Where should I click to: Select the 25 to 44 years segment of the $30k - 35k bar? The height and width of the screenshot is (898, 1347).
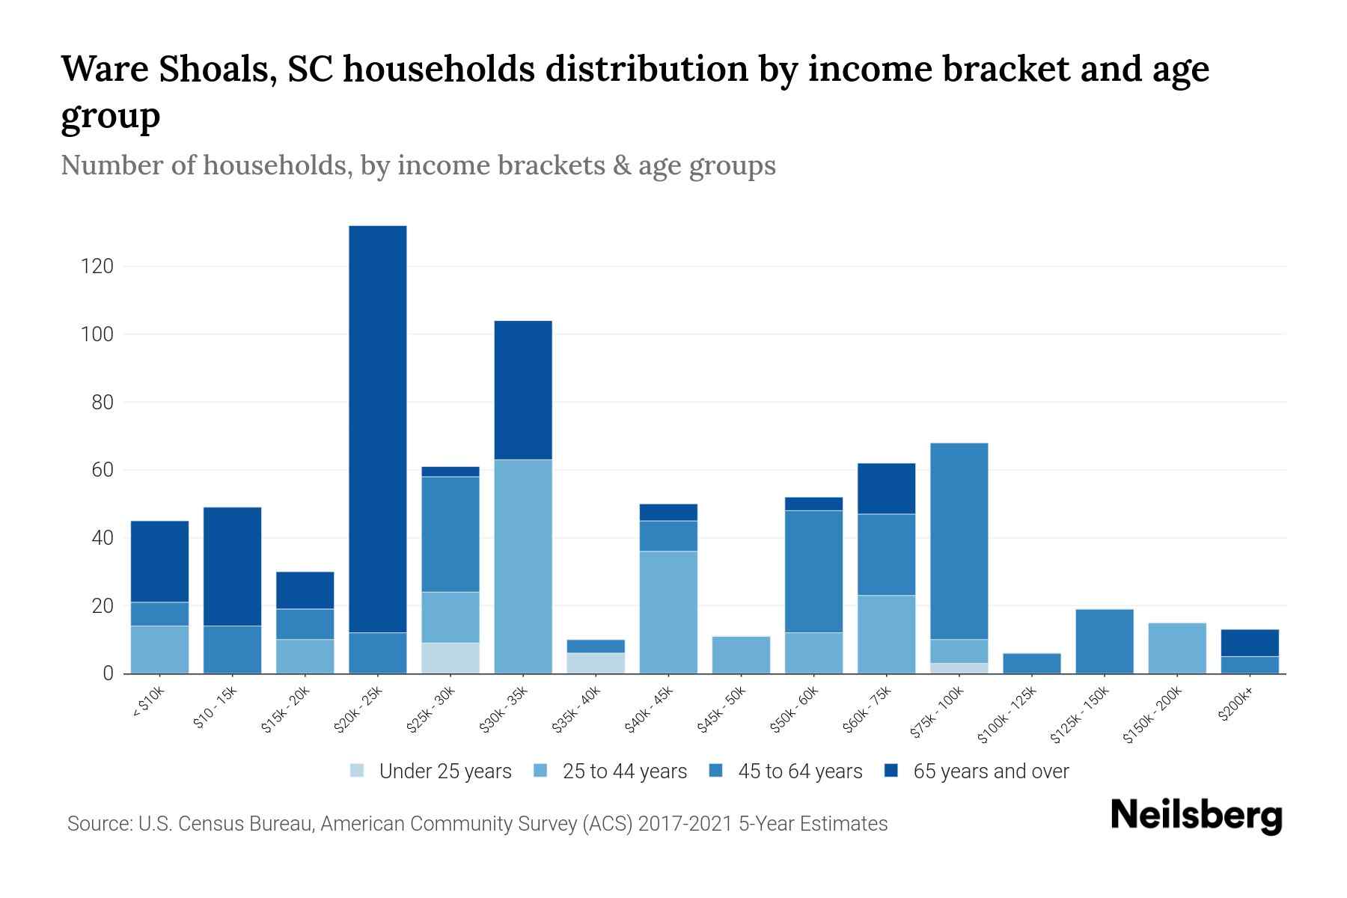coord(523,566)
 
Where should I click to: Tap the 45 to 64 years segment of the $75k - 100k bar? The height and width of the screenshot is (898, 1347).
coord(959,541)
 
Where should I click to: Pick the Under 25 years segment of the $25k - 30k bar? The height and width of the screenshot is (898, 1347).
coord(450,658)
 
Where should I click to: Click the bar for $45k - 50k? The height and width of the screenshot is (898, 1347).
coord(741,655)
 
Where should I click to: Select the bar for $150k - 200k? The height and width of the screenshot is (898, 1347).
coord(1177,648)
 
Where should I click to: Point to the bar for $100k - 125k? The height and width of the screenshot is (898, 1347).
coord(1032,663)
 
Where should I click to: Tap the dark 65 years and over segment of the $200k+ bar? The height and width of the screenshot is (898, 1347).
coord(1250,643)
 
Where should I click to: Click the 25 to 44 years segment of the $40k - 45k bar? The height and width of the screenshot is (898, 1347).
coord(668,612)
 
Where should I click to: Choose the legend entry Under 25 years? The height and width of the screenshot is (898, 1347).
coord(445,771)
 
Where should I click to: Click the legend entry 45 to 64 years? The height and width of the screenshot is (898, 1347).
coord(799,771)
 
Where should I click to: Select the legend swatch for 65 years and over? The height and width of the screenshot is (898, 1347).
coord(891,770)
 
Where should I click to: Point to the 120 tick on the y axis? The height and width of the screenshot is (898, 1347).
coord(97,266)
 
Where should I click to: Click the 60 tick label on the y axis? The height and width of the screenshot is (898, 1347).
coord(103,470)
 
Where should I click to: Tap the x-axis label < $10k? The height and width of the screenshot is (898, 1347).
coord(149,703)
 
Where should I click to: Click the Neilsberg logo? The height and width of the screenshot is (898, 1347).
coord(1197,816)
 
